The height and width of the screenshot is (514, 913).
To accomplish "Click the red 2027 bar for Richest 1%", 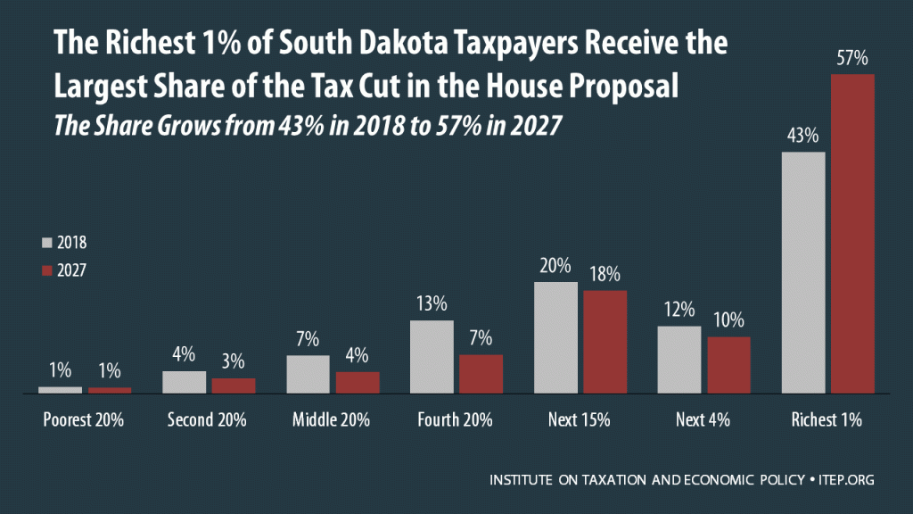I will click(x=852, y=234).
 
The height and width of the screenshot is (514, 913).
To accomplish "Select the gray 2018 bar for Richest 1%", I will click(x=803, y=272).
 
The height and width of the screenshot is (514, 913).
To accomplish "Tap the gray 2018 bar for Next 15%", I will click(x=555, y=337).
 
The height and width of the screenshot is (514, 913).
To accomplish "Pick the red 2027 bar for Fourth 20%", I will click(x=481, y=374).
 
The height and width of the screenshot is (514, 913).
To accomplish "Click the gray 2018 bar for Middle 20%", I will click(x=308, y=375).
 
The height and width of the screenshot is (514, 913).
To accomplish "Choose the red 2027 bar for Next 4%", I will click(x=728, y=365).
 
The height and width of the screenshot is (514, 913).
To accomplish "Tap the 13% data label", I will click(x=432, y=305).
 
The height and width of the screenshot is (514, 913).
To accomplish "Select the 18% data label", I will click(x=605, y=275).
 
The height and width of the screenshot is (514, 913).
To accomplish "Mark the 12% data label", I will click(x=679, y=311).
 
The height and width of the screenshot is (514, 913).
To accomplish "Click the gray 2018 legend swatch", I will click(x=47, y=242).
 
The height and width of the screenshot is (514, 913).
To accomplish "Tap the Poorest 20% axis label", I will click(x=84, y=420).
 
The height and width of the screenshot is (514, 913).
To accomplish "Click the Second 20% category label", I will click(x=208, y=420).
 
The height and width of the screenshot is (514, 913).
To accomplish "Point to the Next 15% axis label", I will click(x=580, y=420).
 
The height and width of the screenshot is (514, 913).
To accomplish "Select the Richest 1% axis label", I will click(x=828, y=420).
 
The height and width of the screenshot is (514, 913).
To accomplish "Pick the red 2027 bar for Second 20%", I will click(x=234, y=385).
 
